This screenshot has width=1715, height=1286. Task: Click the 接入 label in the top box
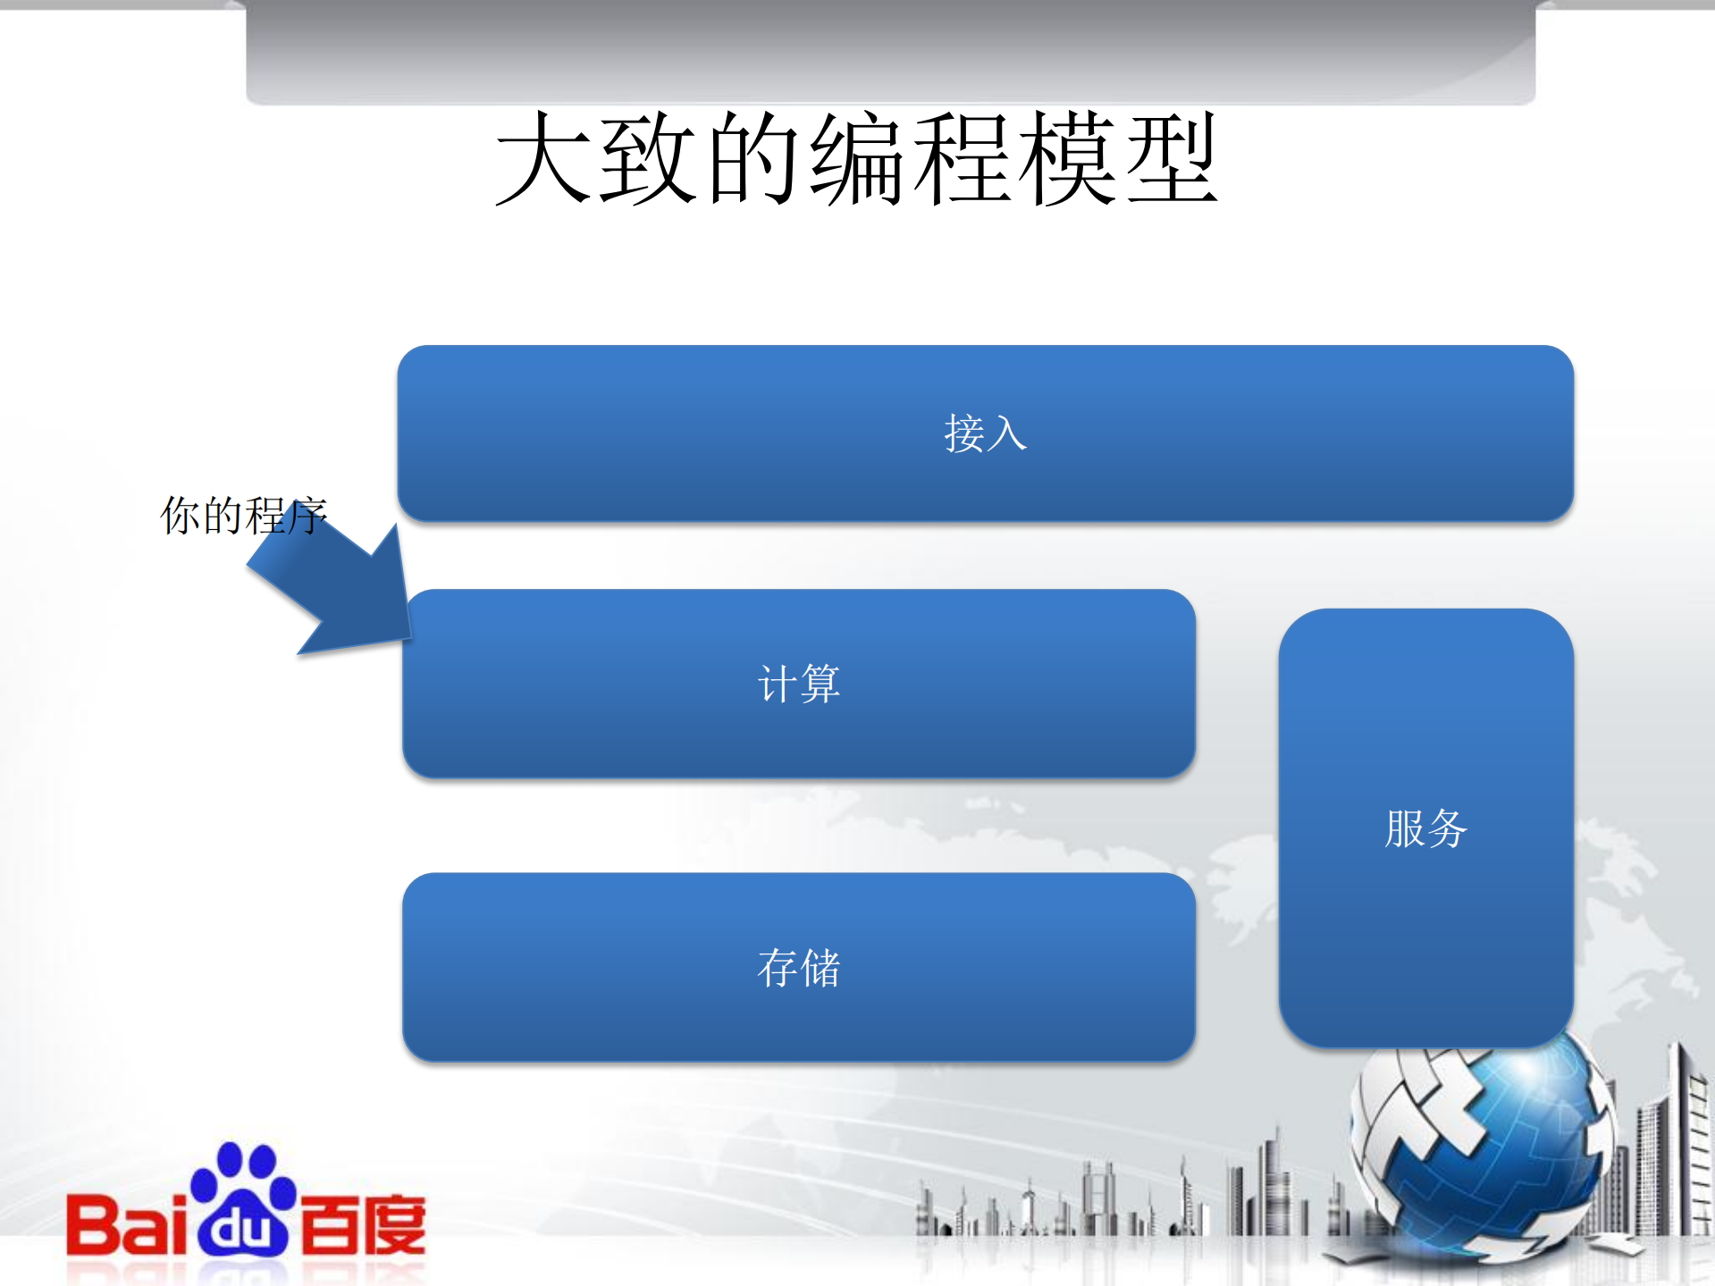985,433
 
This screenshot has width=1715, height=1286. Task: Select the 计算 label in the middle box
798,684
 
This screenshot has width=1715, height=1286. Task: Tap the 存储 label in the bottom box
798,968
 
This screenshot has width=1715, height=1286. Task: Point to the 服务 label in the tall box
1425,828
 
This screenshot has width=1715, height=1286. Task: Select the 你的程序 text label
243,516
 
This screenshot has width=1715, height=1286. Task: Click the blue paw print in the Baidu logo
243,1198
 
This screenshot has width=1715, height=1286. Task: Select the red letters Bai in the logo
125,1224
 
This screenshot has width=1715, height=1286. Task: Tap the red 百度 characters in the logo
363,1224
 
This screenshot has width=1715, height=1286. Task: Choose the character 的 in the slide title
752,159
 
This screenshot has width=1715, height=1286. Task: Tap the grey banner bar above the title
890,49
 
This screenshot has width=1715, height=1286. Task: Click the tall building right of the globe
1680,1144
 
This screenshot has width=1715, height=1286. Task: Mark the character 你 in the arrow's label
180,516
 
